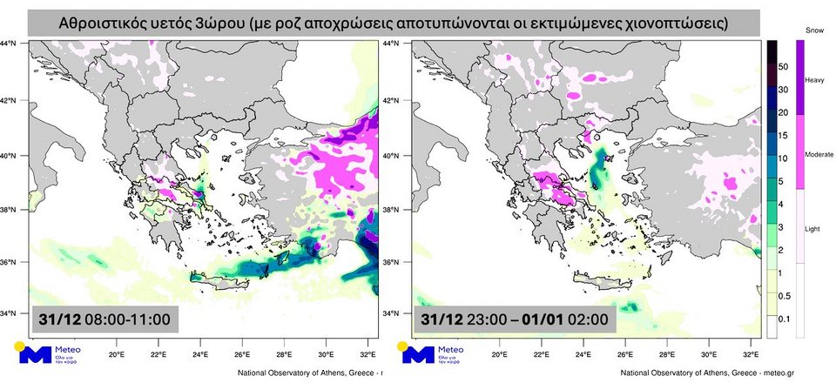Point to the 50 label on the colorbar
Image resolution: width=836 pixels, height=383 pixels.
click(784, 66)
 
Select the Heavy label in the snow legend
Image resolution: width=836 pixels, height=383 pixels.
click(814, 79)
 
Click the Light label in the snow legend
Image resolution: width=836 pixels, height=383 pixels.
click(812, 227)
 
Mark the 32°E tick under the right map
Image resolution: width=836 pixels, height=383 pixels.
click(751, 355)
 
